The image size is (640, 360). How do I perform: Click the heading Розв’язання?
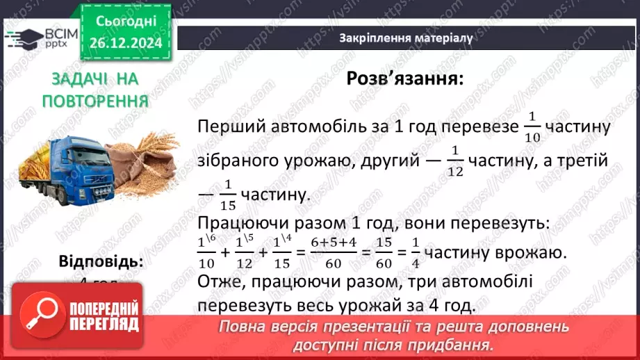pos(404,79)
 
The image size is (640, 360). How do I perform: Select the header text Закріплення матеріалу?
pos(406,38)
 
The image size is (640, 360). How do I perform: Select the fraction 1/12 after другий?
pos(455,161)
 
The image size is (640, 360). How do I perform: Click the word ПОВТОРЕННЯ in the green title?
pos(95,100)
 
